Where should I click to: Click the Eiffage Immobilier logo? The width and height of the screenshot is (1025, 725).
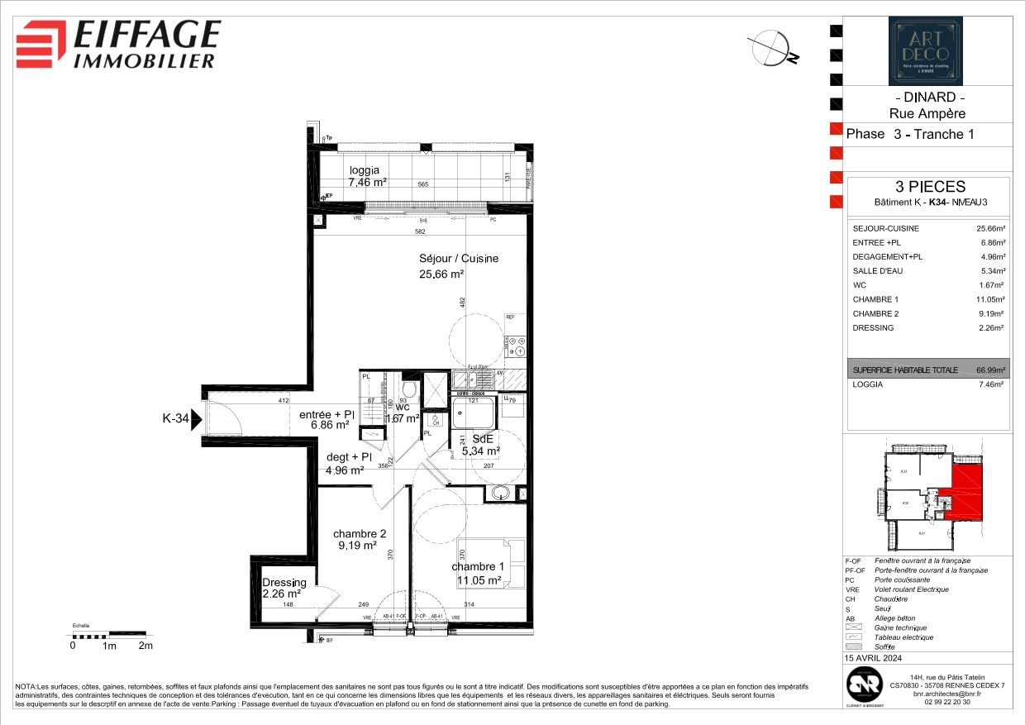point(118,44)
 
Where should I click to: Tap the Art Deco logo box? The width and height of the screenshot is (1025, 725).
point(925,51)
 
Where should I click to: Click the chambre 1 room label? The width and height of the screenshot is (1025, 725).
point(478,573)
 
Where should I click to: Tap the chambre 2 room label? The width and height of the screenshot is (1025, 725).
point(359,540)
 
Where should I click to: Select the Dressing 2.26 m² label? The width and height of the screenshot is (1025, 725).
point(284,588)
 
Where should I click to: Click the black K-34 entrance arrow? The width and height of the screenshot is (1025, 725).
point(196,419)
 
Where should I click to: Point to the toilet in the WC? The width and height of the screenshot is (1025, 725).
point(408,389)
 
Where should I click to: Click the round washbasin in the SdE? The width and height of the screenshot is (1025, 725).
point(499,494)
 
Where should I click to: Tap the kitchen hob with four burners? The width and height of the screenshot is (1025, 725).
point(518,346)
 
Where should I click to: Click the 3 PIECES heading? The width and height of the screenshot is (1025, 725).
point(925,187)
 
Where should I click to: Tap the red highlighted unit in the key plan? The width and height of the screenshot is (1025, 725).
point(963,494)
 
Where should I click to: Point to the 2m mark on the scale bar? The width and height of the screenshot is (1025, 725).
point(145,646)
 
